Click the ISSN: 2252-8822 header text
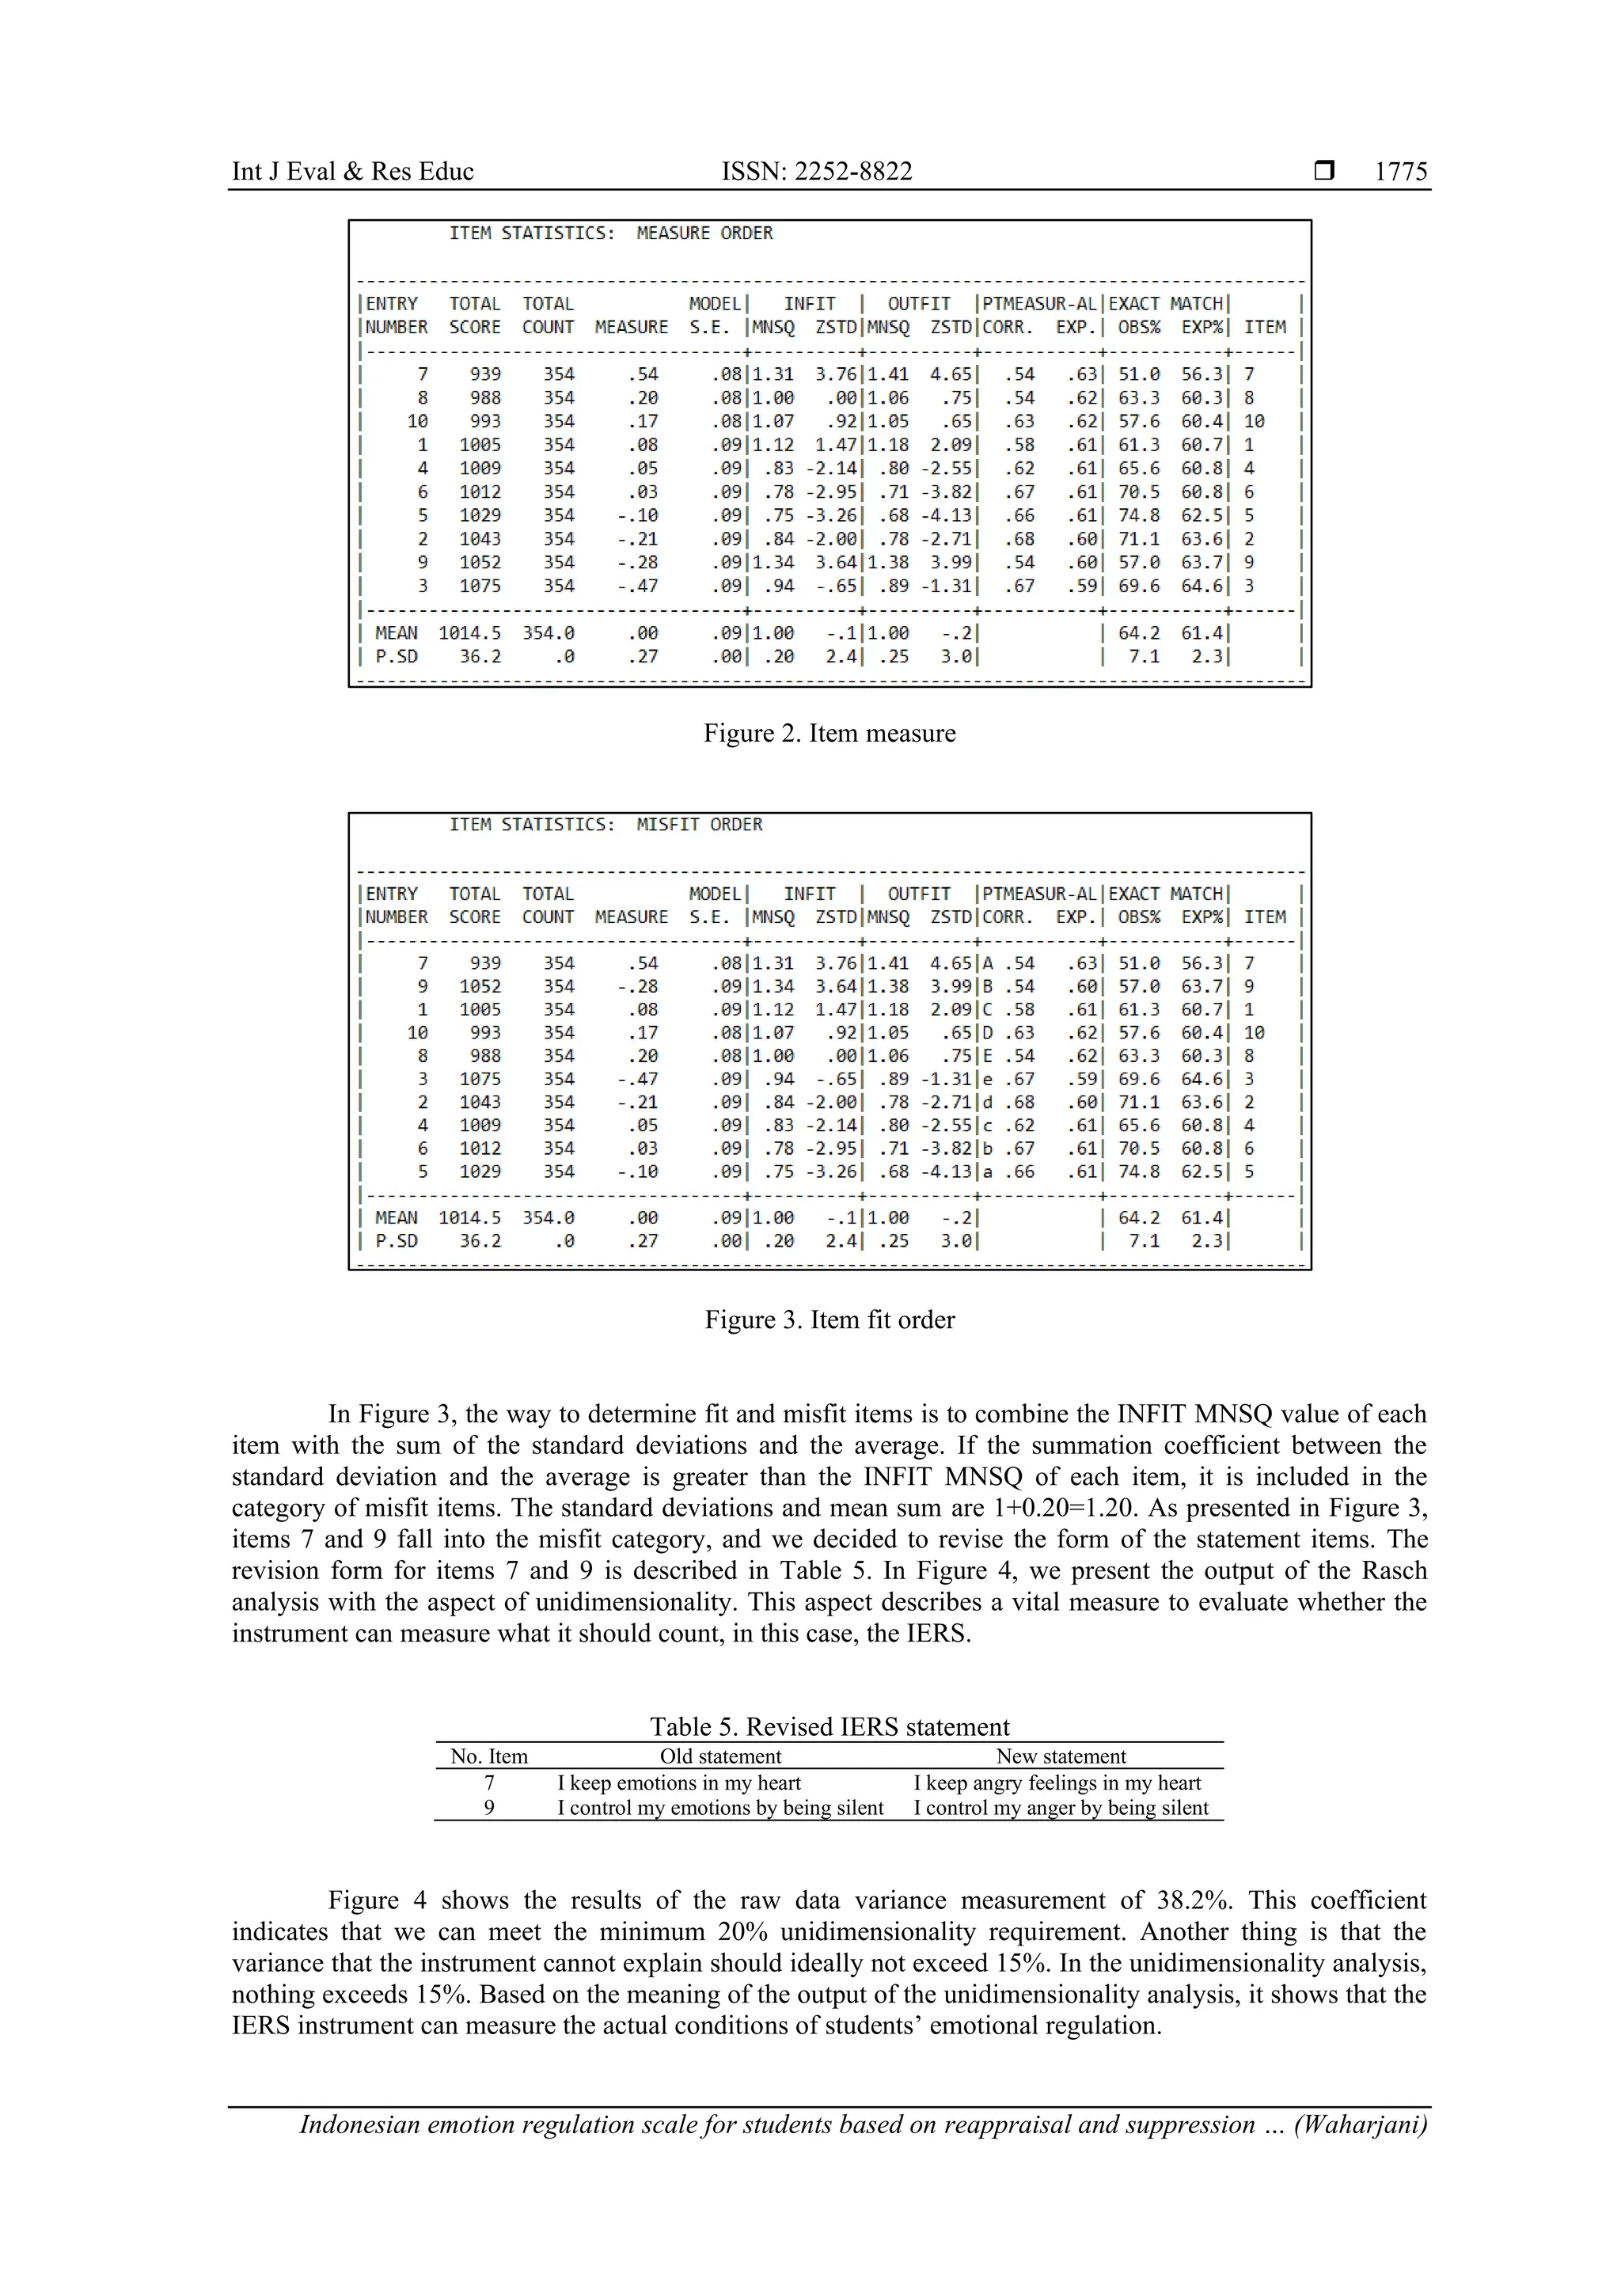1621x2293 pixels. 816,172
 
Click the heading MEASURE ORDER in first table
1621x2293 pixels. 704,233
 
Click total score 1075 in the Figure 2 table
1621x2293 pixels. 480,587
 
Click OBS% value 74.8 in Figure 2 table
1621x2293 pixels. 1139,515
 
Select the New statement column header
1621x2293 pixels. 1060,1756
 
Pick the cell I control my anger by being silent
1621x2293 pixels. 1060,1808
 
